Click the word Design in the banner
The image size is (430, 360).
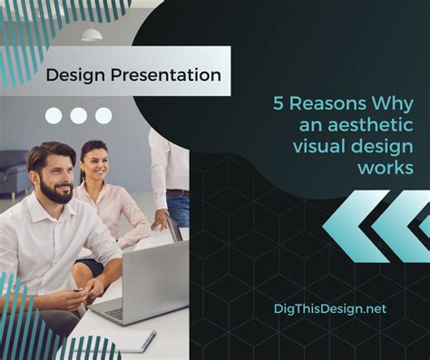click(76, 75)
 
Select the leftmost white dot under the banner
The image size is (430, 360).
click(54, 115)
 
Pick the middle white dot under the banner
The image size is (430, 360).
click(79, 115)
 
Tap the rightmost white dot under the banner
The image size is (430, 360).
click(103, 115)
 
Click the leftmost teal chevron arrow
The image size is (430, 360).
click(350, 226)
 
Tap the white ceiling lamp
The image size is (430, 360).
click(92, 34)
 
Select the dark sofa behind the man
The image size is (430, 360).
click(12, 171)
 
